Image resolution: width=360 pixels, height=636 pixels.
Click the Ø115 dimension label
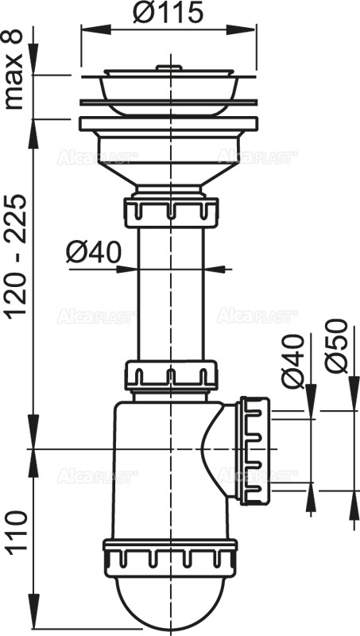pyautogui.click(x=169, y=14)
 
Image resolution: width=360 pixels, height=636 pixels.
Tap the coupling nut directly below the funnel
pyautogui.click(x=170, y=213)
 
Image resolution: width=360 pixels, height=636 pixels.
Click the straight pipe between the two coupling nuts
pyautogui.click(x=170, y=294)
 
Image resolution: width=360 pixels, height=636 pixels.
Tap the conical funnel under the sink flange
pyautogui.click(x=170, y=163)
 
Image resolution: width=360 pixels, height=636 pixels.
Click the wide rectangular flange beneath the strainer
pyautogui.click(x=170, y=125)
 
